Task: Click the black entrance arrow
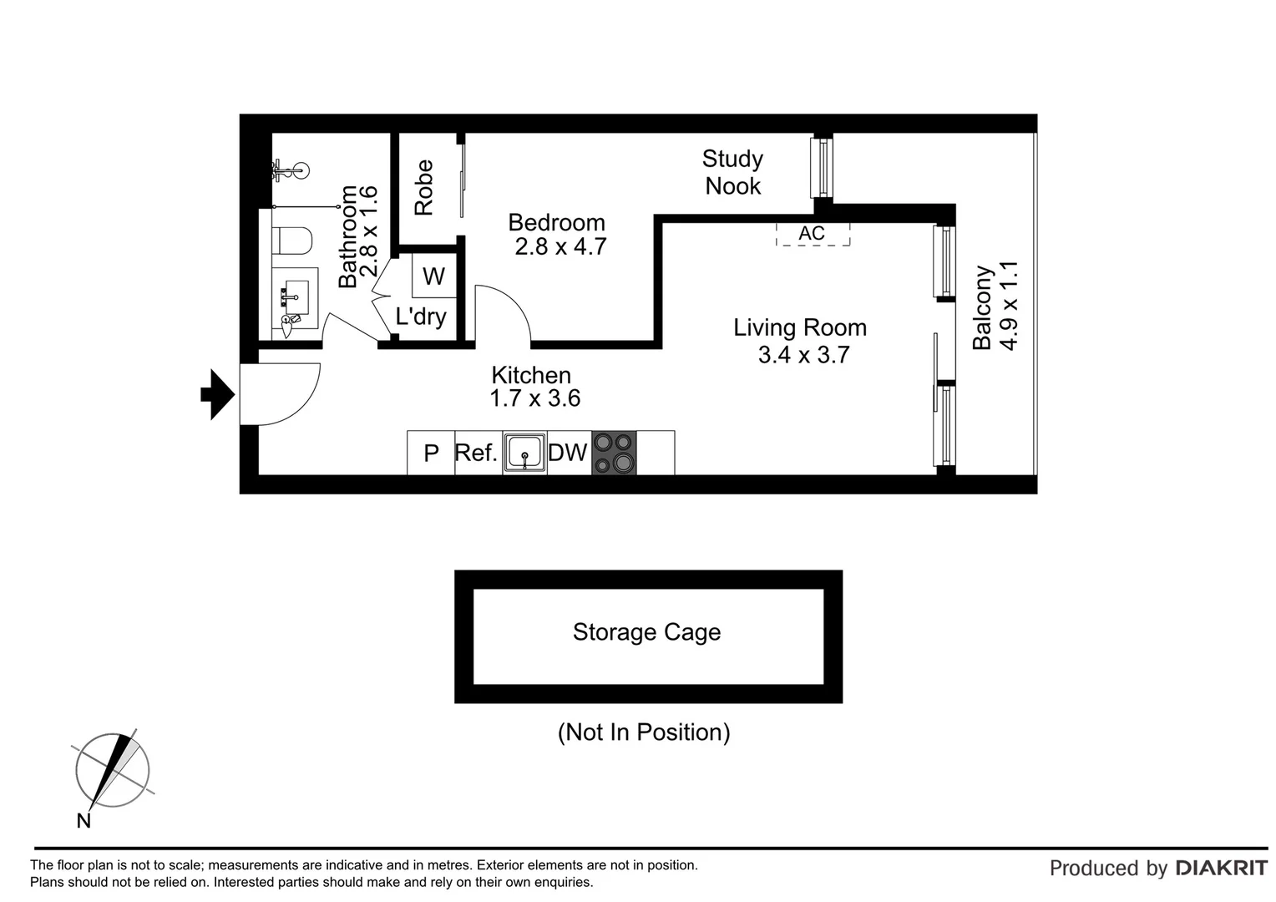tap(217, 394)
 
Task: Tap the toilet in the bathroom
tap(293, 241)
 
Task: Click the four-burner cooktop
tap(614, 453)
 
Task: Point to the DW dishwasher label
tap(568, 453)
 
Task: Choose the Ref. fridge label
tap(476, 453)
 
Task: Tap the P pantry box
tap(431, 454)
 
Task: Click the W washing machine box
tap(434, 276)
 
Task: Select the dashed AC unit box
tap(813, 234)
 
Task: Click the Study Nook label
tap(732, 172)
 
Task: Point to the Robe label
tap(424, 187)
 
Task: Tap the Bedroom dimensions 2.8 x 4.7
tap(560, 247)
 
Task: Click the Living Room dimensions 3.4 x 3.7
tap(803, 355)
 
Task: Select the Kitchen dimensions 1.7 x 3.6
tap(534, 398)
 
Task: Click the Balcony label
tap(982, 307)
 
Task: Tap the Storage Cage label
tap(646, 632)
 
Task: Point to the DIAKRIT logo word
tap(1221, 869)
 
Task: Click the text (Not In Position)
tap(644, 732)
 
